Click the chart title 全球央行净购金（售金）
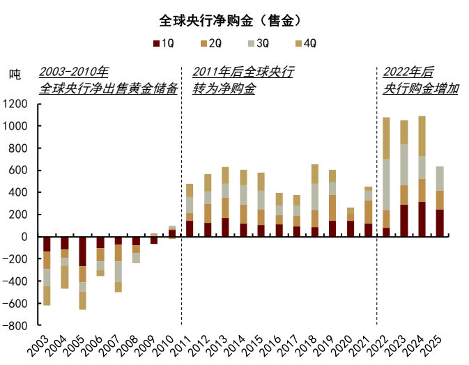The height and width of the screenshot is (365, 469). (x=234, y=19)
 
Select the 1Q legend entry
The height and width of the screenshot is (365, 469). (x=164, y=43)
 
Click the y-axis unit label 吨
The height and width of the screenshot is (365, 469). (x=15, y=74)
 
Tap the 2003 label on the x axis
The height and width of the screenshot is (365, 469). (x=43, y=343)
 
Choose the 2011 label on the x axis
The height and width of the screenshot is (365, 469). (x=188, y=343)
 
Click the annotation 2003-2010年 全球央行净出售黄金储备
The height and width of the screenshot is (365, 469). (x=108, y=81)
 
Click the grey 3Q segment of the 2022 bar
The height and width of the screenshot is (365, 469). (x=386, y=185)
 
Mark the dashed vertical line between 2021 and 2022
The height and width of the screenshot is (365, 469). (x=377, y=209)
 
